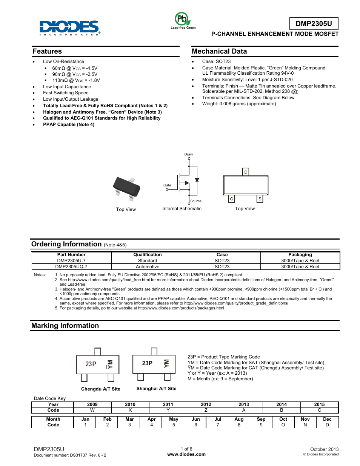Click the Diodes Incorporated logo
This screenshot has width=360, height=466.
[70, 27]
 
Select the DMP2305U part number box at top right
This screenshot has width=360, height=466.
[314, 24]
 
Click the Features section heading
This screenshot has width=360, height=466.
[47, 51]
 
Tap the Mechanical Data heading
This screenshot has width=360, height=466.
[219, 51]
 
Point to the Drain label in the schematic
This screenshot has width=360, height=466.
[188, 154]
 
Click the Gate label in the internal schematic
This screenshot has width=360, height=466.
[167, 185]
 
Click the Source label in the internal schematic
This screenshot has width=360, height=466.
[196, 201]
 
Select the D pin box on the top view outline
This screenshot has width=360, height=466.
[246, 172]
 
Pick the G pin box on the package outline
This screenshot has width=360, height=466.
[231, 199]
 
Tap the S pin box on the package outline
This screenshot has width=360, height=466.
[260, 199]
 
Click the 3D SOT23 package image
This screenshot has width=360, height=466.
[127, 188]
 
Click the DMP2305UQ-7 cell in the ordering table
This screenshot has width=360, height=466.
[71, 267]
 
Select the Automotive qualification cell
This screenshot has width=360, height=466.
[148, 267]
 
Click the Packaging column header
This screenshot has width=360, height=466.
[300, 255]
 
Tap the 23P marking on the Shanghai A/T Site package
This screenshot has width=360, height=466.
[147, 363]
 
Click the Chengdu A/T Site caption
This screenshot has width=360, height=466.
[101, 389]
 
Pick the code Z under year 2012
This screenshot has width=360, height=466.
[206, 410]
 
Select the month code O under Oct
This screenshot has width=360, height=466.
[283, 425]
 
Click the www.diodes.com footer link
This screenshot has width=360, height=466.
[186, 454]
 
